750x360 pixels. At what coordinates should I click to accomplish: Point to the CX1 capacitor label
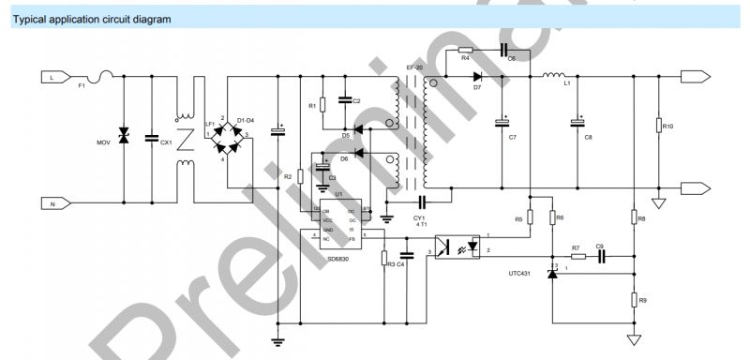point(166,142)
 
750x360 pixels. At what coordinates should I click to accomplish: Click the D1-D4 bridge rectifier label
point(246,120)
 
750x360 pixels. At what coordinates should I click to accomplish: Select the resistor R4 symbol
point(466,49)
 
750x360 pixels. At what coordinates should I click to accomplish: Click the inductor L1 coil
point(553,74)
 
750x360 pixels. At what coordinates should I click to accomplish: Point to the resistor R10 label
point(667,126)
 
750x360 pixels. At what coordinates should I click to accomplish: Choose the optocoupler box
point(456,247)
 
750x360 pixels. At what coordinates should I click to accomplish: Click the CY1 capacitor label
point(418,217)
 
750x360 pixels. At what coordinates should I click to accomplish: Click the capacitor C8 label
point(589,138)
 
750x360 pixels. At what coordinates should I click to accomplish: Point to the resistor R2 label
point(288,175)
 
